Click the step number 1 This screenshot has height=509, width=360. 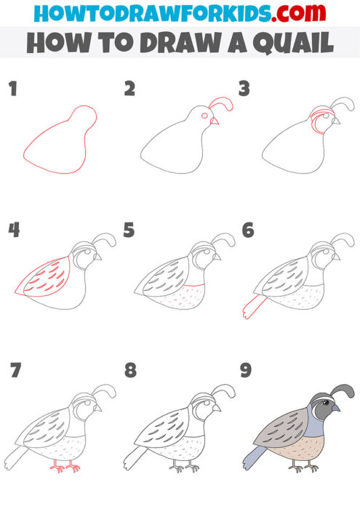pyautogui.click(x=12, y=90)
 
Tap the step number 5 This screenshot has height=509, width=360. pyautogui.click(x=129, y=231)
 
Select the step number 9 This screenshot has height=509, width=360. pyautogui.click(x=247, y=371)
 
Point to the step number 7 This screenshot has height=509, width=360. pyautogui.click(x=13, y=371)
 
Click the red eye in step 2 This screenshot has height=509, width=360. pyautogui.click(x=204, y=116)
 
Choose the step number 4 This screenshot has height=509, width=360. pyautogui.click(x=13, y=231)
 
